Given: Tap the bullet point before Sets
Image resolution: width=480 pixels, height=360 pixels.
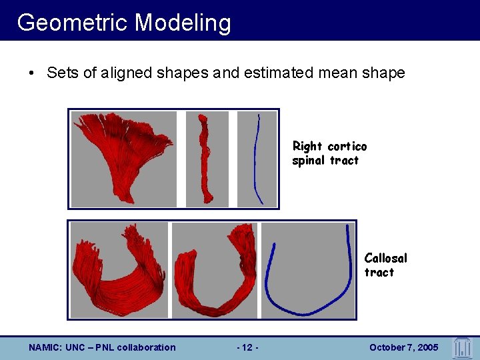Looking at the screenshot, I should point(33,73).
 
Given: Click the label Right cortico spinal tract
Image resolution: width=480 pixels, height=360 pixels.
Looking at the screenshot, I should point(329,153).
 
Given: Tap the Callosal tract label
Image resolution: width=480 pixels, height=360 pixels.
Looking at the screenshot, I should point(385,265).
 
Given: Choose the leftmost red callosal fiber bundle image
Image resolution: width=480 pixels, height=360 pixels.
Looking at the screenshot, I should point(119,270).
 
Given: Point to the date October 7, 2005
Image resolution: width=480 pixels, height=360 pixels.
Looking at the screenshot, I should point(403,347).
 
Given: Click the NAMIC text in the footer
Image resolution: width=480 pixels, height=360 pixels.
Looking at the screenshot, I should point(44,347).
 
